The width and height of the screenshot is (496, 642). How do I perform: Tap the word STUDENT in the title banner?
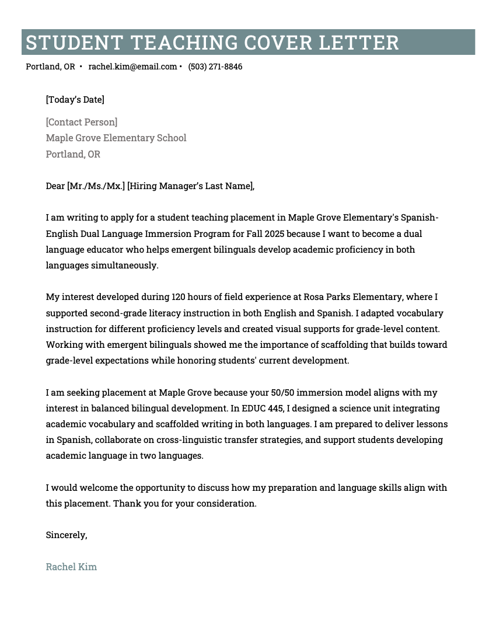[74, 43]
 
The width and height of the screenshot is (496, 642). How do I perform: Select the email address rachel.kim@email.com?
[132, 67]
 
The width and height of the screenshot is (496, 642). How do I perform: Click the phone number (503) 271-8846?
[215, 67]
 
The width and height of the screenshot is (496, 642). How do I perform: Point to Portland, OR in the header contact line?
[50, 67]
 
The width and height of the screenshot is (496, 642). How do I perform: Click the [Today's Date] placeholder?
[75, 99]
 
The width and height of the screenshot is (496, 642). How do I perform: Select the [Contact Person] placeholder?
[81, 122]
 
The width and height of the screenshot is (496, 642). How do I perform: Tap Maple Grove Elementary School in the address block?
[116, 138]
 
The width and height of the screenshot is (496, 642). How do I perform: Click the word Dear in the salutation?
[55, 186]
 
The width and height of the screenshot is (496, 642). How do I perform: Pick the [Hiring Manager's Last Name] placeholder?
[191, 186]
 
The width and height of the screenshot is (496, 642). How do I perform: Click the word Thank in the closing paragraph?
[126, 503]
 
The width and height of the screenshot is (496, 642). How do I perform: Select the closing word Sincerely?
[66, 535]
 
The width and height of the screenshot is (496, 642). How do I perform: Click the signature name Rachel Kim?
[71, 567]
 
